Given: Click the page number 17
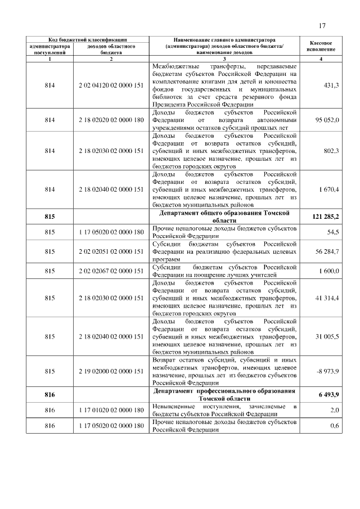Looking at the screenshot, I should [x=322, y=25].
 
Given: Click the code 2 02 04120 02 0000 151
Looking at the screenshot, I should [x=111, y=85].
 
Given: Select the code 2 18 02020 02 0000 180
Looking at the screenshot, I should [x=111, y=120].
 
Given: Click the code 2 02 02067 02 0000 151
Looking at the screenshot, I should [x=111, y=271].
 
